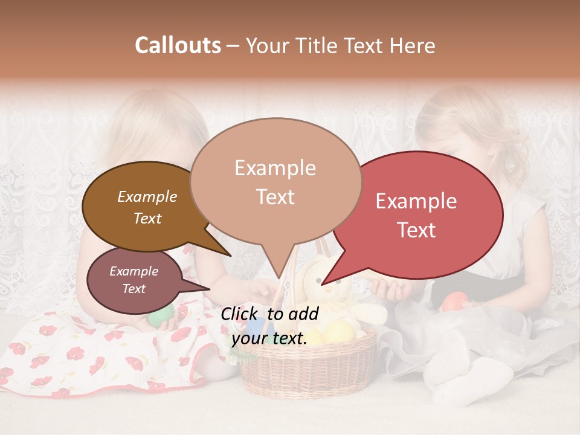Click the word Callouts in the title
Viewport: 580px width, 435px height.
pyautogui.click(x=178, y=45)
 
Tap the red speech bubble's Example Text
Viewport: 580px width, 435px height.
pyautogui.click(x=416, y=215)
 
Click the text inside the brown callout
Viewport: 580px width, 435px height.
pyautogui.click(x=147, y=207)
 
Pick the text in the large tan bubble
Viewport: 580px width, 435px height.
pyautogui.click(x=275, y=182)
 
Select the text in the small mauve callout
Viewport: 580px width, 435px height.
pyautogui.click(x=134, y=280)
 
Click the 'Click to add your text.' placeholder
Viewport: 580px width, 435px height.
pyautogui.click(x=269, y=326)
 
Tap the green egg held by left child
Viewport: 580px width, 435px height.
pyautogui.click(x=160, y=315)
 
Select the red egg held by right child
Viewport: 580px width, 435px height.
pyautogui.click(x=455, y=301)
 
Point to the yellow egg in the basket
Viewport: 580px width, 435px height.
pyautogui.click(x=338, y=331)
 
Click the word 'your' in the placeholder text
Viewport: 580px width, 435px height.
pyautogui.click(x=248, y=338)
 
